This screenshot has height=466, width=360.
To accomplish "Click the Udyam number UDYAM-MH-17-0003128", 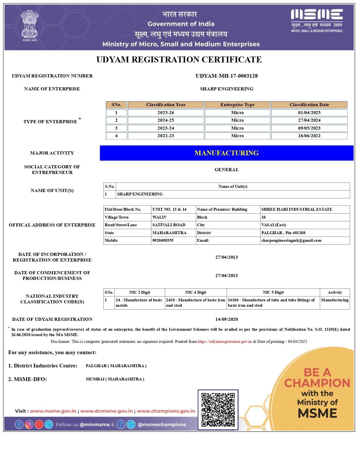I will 226,76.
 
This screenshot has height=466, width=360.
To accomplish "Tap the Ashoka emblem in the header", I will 29,26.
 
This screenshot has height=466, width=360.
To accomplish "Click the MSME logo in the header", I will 317,21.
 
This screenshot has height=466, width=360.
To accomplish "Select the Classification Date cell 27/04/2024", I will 309,120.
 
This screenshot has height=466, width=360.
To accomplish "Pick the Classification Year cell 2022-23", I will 166,136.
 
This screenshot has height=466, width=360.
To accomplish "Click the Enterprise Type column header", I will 237,105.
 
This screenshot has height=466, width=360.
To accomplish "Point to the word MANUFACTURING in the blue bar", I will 226,153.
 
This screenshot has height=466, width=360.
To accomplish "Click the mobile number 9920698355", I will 163,241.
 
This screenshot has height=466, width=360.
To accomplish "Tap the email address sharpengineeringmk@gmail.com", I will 291,241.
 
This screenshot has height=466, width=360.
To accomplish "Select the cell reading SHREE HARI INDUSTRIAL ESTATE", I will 296,210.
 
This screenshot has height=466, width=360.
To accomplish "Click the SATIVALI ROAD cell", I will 169,225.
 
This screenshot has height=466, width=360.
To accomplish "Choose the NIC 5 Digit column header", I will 273,293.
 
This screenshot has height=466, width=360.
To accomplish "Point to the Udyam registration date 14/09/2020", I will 226,319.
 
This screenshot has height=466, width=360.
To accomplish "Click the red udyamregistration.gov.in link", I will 224,342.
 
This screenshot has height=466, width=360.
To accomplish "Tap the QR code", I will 218,410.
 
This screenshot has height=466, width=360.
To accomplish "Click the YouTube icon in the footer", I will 39,424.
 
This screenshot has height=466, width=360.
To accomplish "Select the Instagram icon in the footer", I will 29,424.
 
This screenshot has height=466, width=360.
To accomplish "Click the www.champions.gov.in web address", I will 166,411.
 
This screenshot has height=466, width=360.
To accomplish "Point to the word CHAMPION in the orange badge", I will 317,383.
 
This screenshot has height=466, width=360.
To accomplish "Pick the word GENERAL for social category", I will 226,170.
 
